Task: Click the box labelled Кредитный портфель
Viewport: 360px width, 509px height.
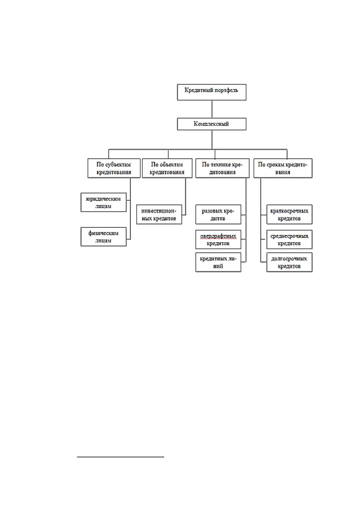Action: click(212, 92)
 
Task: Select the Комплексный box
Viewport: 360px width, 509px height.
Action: click(212, 124)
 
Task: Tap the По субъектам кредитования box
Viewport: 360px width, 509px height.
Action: click(114, 168)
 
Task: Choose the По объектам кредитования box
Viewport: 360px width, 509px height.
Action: click(167, 168)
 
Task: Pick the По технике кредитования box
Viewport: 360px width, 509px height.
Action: click(222, 168)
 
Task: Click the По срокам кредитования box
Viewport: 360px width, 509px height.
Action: click(283, 168)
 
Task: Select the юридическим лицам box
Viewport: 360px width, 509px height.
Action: click(104, 203)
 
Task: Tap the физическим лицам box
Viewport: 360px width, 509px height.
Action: click(104, 237)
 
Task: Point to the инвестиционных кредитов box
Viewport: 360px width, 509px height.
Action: click(159, 215)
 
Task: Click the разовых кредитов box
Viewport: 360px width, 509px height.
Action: click(218, 215)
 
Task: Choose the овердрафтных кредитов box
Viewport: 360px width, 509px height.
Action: click(218, 239)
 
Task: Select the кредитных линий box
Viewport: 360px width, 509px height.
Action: click(218, 262)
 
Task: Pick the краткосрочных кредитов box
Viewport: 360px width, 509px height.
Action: click(289, 215)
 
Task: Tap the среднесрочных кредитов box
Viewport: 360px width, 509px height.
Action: click(289, 239)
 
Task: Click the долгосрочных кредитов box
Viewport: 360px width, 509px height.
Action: click(289, 262)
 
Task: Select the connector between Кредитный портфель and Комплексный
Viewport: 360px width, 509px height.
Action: click(212, 109)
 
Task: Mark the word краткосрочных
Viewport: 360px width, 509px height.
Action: click(289, 211)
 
